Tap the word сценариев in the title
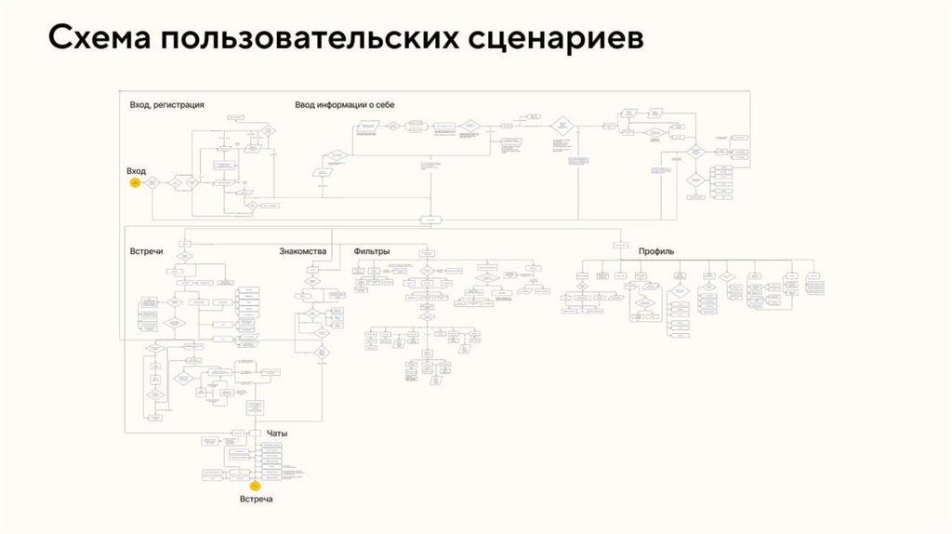(x=543, y=39)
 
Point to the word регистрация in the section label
(x=179, y=105)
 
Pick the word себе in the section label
(x=385, y=105)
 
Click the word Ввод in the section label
(x=304, y=105)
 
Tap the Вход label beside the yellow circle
(x=136, y=171)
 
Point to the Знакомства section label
(x=302, y=251)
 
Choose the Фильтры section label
(x=371, y=251)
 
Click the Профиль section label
(x=656, y=251)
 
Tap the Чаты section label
(x=277, y=433)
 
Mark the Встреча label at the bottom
(x=256, y=500)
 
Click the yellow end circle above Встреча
(x=254, y=486)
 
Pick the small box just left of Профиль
(x=620, y=245)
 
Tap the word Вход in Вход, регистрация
(x=140, y=105)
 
